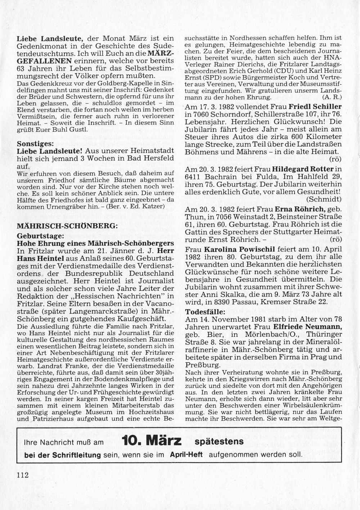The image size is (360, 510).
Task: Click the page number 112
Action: click(22, 474)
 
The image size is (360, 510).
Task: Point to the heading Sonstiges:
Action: click(35, 143)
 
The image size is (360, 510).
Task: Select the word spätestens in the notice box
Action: click(219, 441)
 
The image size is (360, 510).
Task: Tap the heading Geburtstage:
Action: click(40, 236)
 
